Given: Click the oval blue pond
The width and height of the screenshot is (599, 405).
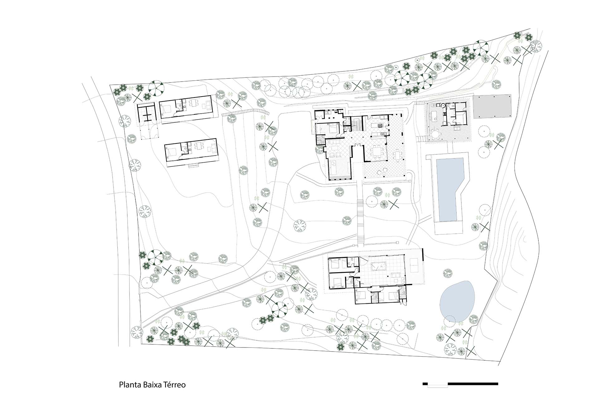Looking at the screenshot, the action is pos(458,302).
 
